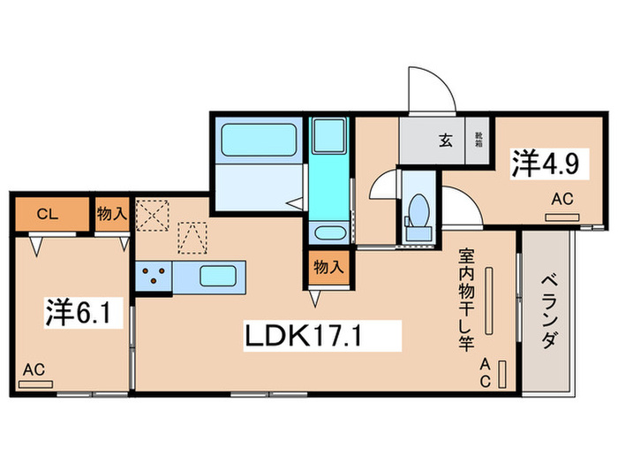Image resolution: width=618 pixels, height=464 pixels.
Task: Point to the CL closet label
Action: [48, 214]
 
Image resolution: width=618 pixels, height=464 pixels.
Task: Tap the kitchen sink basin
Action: [215, 276]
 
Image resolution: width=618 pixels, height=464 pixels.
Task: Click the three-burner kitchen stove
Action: [154, 276]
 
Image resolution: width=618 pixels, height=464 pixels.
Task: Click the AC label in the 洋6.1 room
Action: [35, 369]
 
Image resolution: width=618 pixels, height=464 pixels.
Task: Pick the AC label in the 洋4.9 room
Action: [562, 201]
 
